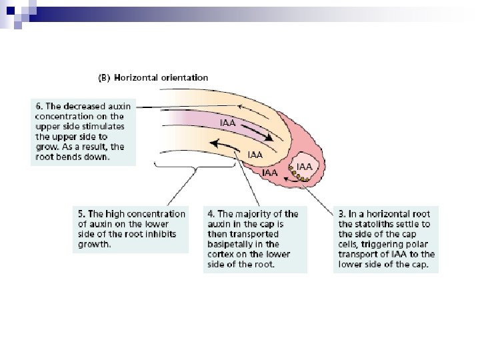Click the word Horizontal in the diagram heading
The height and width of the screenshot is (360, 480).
[x=137, y=77]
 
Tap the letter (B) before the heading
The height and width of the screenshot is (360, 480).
[x=105, y=77]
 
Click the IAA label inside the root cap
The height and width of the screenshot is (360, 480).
[x=305, y=166]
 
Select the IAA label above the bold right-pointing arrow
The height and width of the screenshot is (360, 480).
[x=229, y=123]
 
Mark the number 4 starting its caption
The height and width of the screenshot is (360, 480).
[x=210, y=214]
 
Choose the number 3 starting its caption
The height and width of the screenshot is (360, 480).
[x=341, y=214]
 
